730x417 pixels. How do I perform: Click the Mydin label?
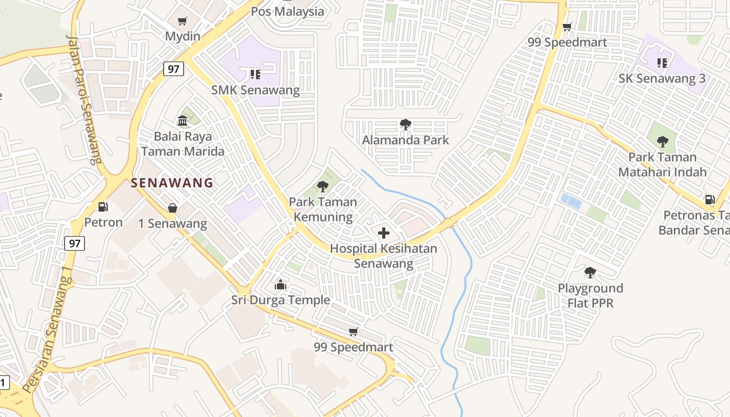pos(182,36)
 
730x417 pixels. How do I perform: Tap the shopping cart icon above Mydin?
pos(182,21)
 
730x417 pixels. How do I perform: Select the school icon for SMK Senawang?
pos(255,75)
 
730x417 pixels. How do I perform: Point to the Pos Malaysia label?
pos(287,11)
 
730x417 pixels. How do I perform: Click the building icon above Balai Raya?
pos(182,121)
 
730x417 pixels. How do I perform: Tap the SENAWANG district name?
pos(172,183)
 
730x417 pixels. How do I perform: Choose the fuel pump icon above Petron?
pos(103,207)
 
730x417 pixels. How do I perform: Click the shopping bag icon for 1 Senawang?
pos(172,208)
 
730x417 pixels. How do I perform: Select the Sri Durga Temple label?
pos(281,300)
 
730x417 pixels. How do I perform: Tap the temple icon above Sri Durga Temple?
pos(281,285)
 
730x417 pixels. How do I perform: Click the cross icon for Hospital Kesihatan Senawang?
pos(384,233)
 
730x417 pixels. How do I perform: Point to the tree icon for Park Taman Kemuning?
pos(323,186)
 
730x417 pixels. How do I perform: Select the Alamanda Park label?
pos(405,140)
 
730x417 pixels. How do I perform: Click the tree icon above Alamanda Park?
pos(405,125)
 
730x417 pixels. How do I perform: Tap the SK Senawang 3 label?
pos(662,79)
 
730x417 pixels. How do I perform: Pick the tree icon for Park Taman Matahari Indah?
pos(662,141)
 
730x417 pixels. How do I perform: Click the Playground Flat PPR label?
pos(590,295)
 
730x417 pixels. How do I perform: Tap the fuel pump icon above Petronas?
pos(709,199)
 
